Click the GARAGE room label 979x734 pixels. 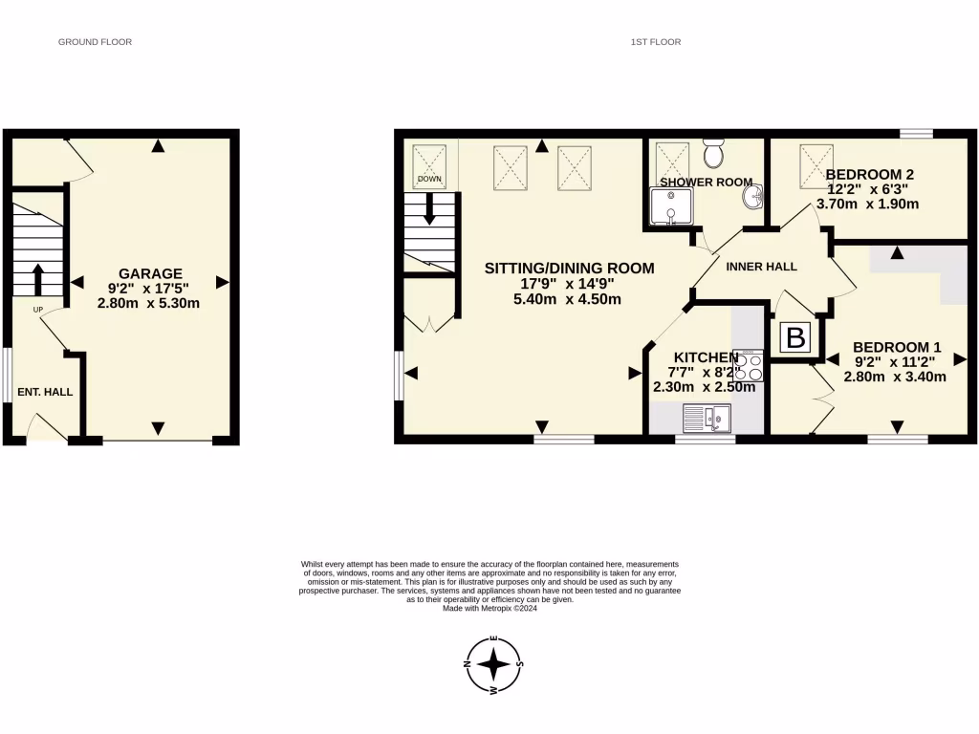(150, 273)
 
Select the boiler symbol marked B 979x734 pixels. (795, 338)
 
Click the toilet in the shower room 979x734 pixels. (714, 152)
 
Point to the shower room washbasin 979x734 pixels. (753, 197)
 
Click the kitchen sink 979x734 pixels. (707, 417)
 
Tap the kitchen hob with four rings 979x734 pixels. (749, 368)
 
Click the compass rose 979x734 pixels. (493, 666)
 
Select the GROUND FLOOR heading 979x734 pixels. (95, 42)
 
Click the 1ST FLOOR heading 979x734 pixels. (656, 42)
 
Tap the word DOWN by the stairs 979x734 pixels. (429, 179)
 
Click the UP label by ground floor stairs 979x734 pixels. (38, 310)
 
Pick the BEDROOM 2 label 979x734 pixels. (870, 175)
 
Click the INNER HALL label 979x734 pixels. (761, 267)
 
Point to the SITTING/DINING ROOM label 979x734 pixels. (569, 269)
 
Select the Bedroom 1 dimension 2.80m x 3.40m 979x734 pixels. (894, 377)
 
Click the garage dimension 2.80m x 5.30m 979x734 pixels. (148, 303)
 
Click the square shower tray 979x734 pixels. (669, 206)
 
